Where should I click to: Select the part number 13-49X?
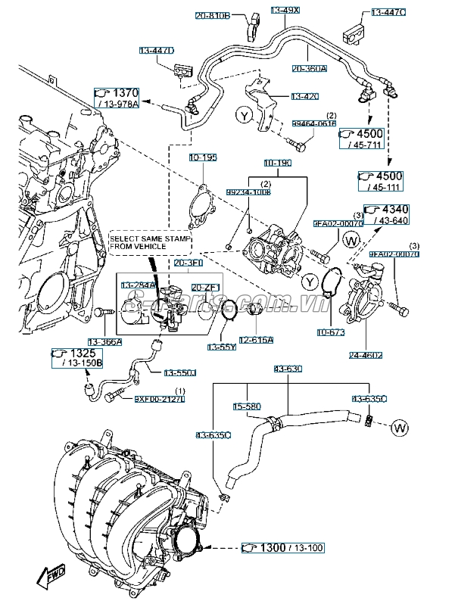pyautogui.click(x=285, y=11)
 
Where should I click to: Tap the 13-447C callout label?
pyautogui.click(x=388, y=13)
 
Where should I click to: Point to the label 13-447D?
pyautogui.click(x=157, y=50)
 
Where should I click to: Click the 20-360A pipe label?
pyautogui.click(x=310, y=68)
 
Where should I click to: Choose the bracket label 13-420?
pyautogui.click(x=305, y=96)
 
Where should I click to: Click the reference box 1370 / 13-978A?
pyautogui.click(x=117, y=98)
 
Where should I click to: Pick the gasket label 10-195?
pyautogui.click(x=204, y=157)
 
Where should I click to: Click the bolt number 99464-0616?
pyautogui.click(x=314, y=123)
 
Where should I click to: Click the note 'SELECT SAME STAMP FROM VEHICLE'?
pyautogui.click(x=149, y=242)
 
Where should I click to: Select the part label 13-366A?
pyautogui.click(x=104, y=341)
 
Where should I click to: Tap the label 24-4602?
pyautogui.click(x=365, y=354)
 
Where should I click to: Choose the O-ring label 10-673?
pyautogui.click(x=330, y=332)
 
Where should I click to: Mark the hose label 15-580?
pyautogui.click(x=246, y=406)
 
